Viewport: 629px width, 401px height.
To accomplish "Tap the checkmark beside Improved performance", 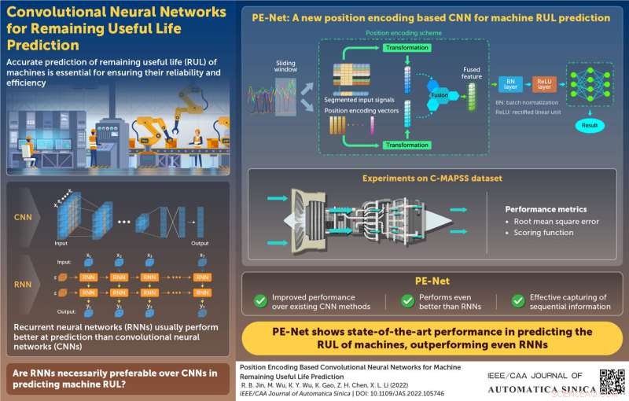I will pyautogui.click(x=259, y=300).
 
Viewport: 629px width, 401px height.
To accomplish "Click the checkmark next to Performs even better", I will pyautogui.click(x=407, y=300).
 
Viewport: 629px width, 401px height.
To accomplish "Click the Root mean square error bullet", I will pyautogui.click(x=554, y=222).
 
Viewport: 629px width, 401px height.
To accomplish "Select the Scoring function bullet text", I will pyautogui.click(x=543, y=234).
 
